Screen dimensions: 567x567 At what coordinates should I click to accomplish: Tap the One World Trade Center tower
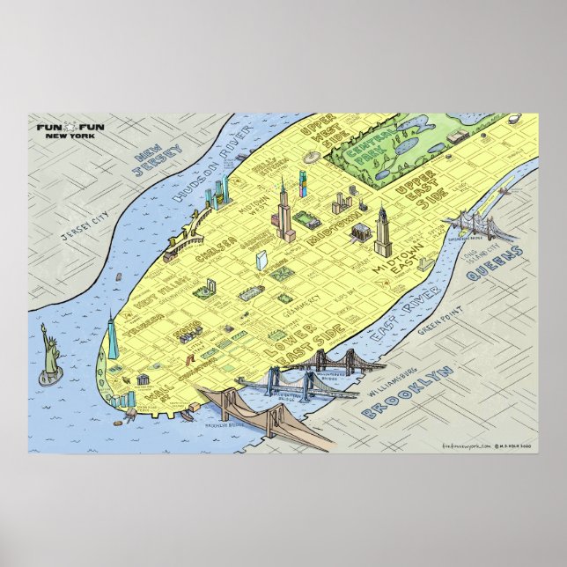[x=113, y=338]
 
